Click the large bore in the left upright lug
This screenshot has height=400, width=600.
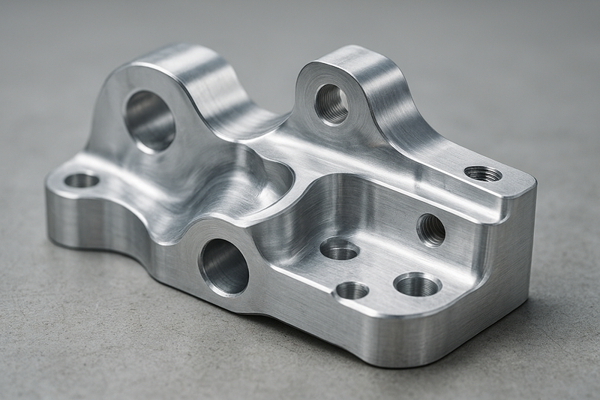pos(149,120)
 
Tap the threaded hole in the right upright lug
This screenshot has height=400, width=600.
pos(331,104)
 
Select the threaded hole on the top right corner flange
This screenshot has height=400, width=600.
pos(483,173)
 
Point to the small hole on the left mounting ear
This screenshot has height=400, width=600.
pos(82,180)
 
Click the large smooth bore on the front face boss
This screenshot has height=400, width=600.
pos(223,266)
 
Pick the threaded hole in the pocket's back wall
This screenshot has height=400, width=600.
pos(430,229)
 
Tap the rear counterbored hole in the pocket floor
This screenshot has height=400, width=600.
pos(339,248)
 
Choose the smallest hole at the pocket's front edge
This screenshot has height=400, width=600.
pos(352,290)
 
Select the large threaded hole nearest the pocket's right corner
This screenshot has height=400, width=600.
pos(417,284)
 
